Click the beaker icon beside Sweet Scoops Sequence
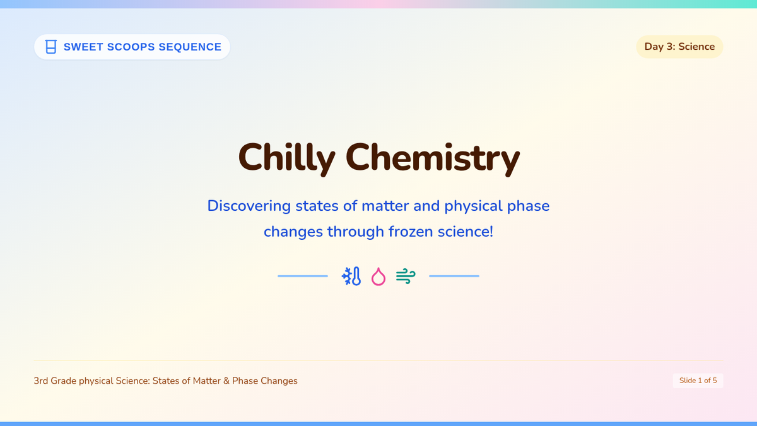click(51, 47)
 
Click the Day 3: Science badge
click(679, 47)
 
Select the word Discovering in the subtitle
click(249, 206)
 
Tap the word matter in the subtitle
click(385, 206)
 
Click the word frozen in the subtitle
click(411, 232)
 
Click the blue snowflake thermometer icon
click(351, 276)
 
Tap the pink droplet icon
click(378, 276)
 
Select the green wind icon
click(406, 276)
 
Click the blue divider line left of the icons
click(303, 276)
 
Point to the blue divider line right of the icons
click(454, 276)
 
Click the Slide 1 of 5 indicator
click(698, 381)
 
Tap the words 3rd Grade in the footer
click(55, 381)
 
